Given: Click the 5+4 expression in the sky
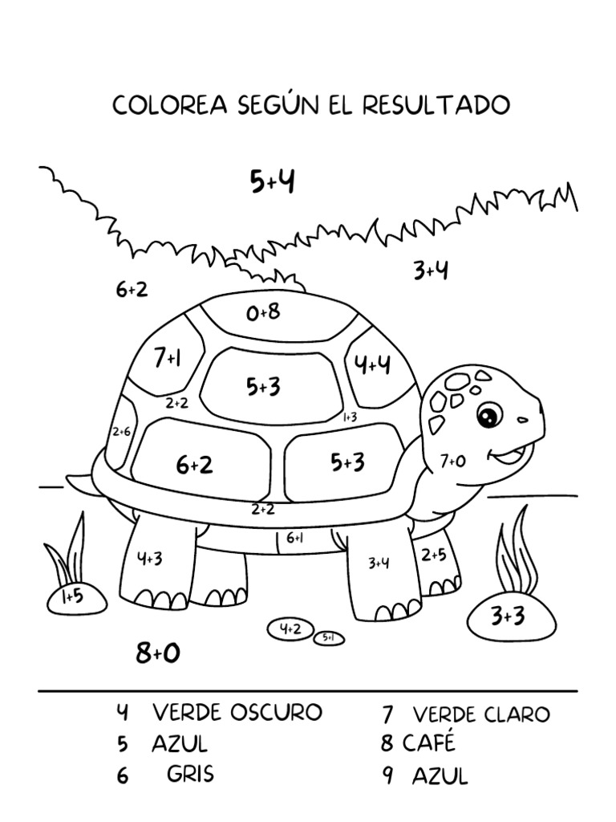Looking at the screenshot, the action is point(272,182).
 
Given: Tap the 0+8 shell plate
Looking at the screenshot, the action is point(263,311).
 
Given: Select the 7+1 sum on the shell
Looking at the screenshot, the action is point(167,358).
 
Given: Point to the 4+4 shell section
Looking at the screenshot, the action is point(373,365).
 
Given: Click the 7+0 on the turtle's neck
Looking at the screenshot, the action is point(452,461).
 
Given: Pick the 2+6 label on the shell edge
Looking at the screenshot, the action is point(121,432).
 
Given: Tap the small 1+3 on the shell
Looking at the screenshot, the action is point(350,417).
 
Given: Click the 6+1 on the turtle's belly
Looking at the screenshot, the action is point(294,538).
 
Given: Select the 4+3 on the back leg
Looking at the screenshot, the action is point(150,559).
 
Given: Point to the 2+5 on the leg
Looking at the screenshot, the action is point(434,554).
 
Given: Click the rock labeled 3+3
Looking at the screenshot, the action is point(508,616).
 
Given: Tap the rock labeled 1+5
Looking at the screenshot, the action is point(72,596).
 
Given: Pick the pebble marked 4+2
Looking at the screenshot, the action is point(290,629).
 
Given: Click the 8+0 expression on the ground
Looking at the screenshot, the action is point(158,653).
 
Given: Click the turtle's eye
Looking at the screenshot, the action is point(488,414).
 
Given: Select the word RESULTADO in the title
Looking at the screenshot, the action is point(436,105).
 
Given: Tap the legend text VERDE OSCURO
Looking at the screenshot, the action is point(237,712).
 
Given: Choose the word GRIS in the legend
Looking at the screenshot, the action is point(191,775).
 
